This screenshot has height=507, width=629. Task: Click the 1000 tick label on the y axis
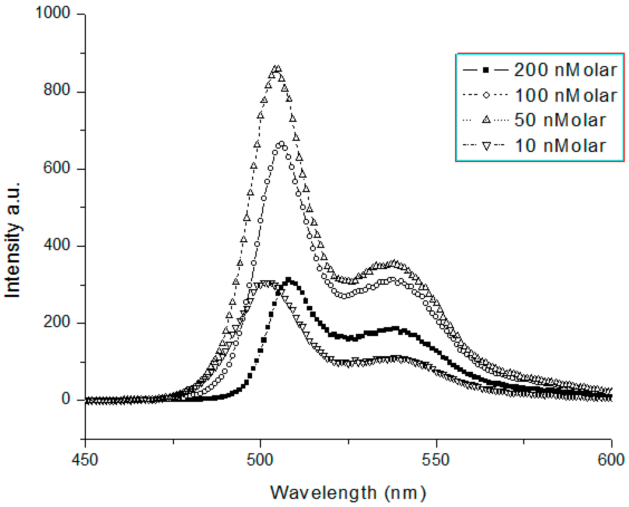point(53,13)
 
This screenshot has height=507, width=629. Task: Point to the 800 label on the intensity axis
point(57,90)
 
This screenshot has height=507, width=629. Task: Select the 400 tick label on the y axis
point(57,244)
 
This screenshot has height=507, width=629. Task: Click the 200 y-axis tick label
point(57,322)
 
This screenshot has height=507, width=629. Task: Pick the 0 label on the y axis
point(66,399)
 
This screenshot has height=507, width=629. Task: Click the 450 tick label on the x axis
point(85,460)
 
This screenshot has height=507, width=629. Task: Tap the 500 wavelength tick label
point(260,460)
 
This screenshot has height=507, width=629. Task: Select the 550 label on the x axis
point(435,460)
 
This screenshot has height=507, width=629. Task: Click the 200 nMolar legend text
point(565,70)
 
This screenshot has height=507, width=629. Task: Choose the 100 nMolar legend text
point(566,95)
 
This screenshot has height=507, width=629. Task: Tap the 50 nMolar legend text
point(560,120)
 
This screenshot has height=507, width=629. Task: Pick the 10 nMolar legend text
point(560,146)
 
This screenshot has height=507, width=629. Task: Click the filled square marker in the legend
point(486,70)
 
